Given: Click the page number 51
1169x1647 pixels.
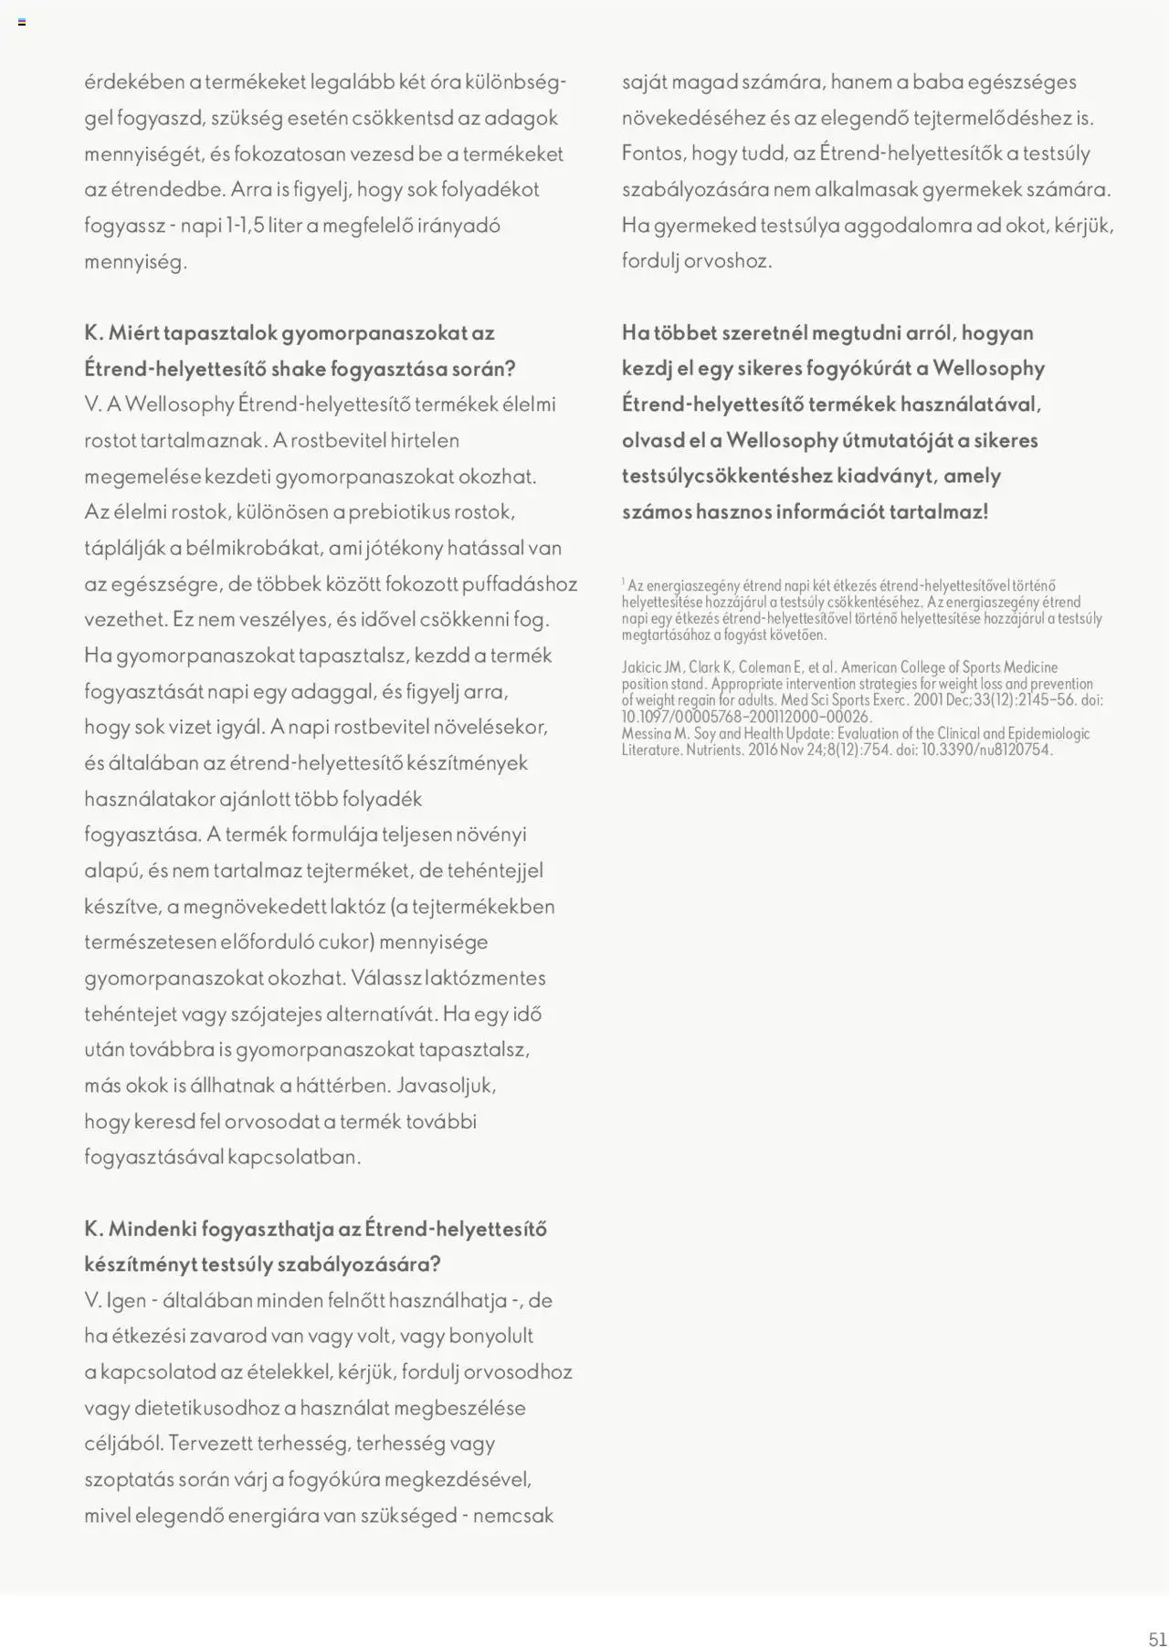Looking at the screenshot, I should click(x=1157, y=1637).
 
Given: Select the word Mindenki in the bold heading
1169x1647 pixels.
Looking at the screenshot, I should click(x=150, y=1229).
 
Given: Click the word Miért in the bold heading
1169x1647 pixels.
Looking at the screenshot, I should click(x=133, y=333).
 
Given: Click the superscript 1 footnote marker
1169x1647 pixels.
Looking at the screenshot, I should click(x=624, y=582).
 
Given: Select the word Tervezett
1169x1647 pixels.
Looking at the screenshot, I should click(x=210, y=1443).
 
